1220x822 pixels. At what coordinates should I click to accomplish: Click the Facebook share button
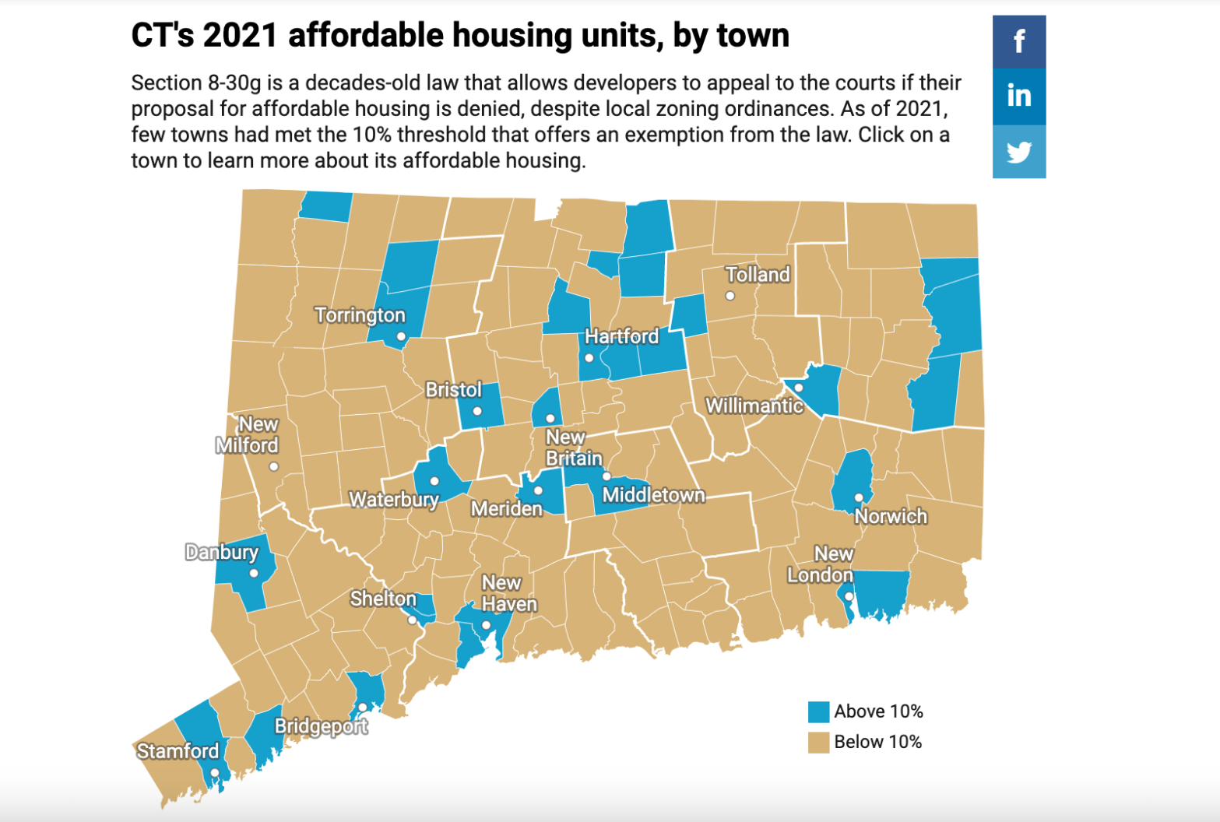[x=1018, y=41]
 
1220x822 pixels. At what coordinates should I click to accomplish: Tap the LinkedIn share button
[x=1018, y=96]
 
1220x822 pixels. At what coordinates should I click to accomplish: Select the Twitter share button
[x=1018, y=152]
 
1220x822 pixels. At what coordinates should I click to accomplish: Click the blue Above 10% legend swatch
[x=818, y=711]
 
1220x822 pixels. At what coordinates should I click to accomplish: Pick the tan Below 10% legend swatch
[x=818, y=742]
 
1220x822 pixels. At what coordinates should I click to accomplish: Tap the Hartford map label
[x=621, y=336]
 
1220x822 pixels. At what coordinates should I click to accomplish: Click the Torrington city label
[x=360, y=315]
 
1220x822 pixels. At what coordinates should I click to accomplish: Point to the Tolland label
[x=758, y=275]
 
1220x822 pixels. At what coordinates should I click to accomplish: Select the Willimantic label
[x=754, y=406]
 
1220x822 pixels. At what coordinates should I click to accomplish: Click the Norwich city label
[x=891, y=516]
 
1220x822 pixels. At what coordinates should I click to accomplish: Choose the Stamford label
[x=178, y=751]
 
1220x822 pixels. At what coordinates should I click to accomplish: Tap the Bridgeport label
[x=321, y=726]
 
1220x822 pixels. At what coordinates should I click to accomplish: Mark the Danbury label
[x=222, y=552]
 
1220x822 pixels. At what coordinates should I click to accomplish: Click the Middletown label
[x=653, y=495]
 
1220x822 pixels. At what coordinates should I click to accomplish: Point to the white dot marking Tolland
[x=730, y=296]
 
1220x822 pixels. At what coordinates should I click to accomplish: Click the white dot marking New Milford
[x=273, y=467]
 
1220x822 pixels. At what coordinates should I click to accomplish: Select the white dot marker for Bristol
[x=477, y=411]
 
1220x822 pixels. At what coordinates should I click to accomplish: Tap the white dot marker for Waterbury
[x=434, y=481]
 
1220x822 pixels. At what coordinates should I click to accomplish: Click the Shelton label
[x=383, y=599]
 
